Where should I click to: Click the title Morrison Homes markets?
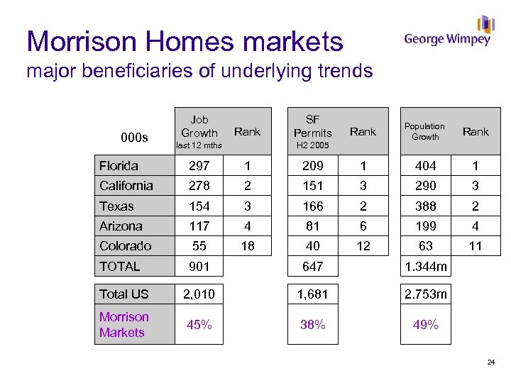[x=185, y=42]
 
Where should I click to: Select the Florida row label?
[x=119, y=166]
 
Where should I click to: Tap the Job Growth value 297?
[x=199, y=166]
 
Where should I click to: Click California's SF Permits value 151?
[x=312, y=186]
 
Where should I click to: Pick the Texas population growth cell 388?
[x=425, y=206]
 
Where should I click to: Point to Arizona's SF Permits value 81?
[x=312, y=226]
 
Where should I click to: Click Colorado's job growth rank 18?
[x=247, y=246]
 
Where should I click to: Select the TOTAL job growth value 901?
[x=199, y=267]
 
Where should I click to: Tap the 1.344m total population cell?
[x=425, y=267]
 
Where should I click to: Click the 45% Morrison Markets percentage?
[x=199, y=325]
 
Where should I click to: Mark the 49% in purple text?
[x=425, y=325]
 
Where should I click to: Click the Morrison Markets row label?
[x=124, y=325]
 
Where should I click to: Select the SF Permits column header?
[x=312, y=126]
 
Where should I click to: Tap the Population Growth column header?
[x=425, y=131]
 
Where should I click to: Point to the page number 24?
[x=490, y=363]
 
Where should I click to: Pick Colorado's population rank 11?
[x=476, y=246]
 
